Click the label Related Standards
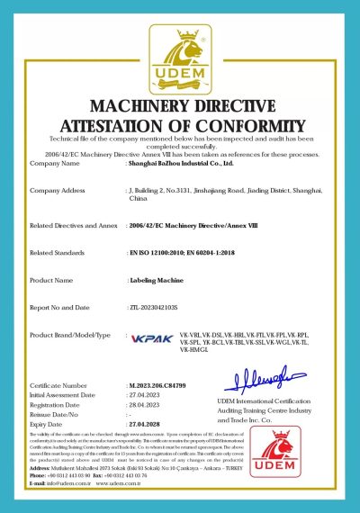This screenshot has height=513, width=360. point(59,255)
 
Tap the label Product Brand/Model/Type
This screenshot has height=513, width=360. point(70,334)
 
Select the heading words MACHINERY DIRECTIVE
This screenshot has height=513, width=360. point(180,97)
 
